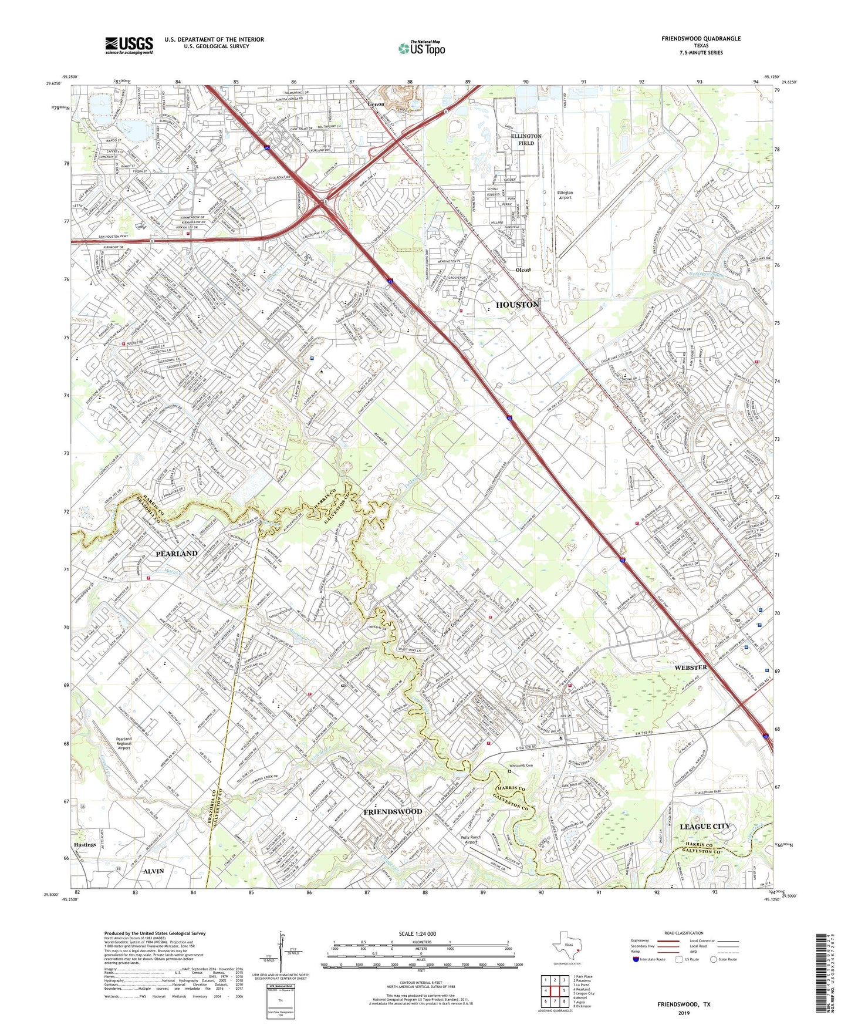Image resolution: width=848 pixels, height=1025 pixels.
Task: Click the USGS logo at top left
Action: point(129,45)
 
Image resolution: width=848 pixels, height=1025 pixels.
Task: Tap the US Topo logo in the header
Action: point(421,48)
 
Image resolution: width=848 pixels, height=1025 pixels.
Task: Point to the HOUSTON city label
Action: point(518,305)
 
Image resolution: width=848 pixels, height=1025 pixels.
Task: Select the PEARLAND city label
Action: point(176,554)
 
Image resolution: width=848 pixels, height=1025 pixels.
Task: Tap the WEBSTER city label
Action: point(691,667)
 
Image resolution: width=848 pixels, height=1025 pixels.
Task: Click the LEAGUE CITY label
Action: point(704,826)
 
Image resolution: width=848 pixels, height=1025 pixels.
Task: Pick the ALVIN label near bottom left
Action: point(154,871)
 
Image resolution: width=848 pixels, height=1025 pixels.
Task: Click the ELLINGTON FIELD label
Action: point(526,139)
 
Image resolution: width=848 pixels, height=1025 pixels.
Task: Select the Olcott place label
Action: point(523,270)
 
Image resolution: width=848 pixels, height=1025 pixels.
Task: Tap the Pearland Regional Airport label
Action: point(124,743)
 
